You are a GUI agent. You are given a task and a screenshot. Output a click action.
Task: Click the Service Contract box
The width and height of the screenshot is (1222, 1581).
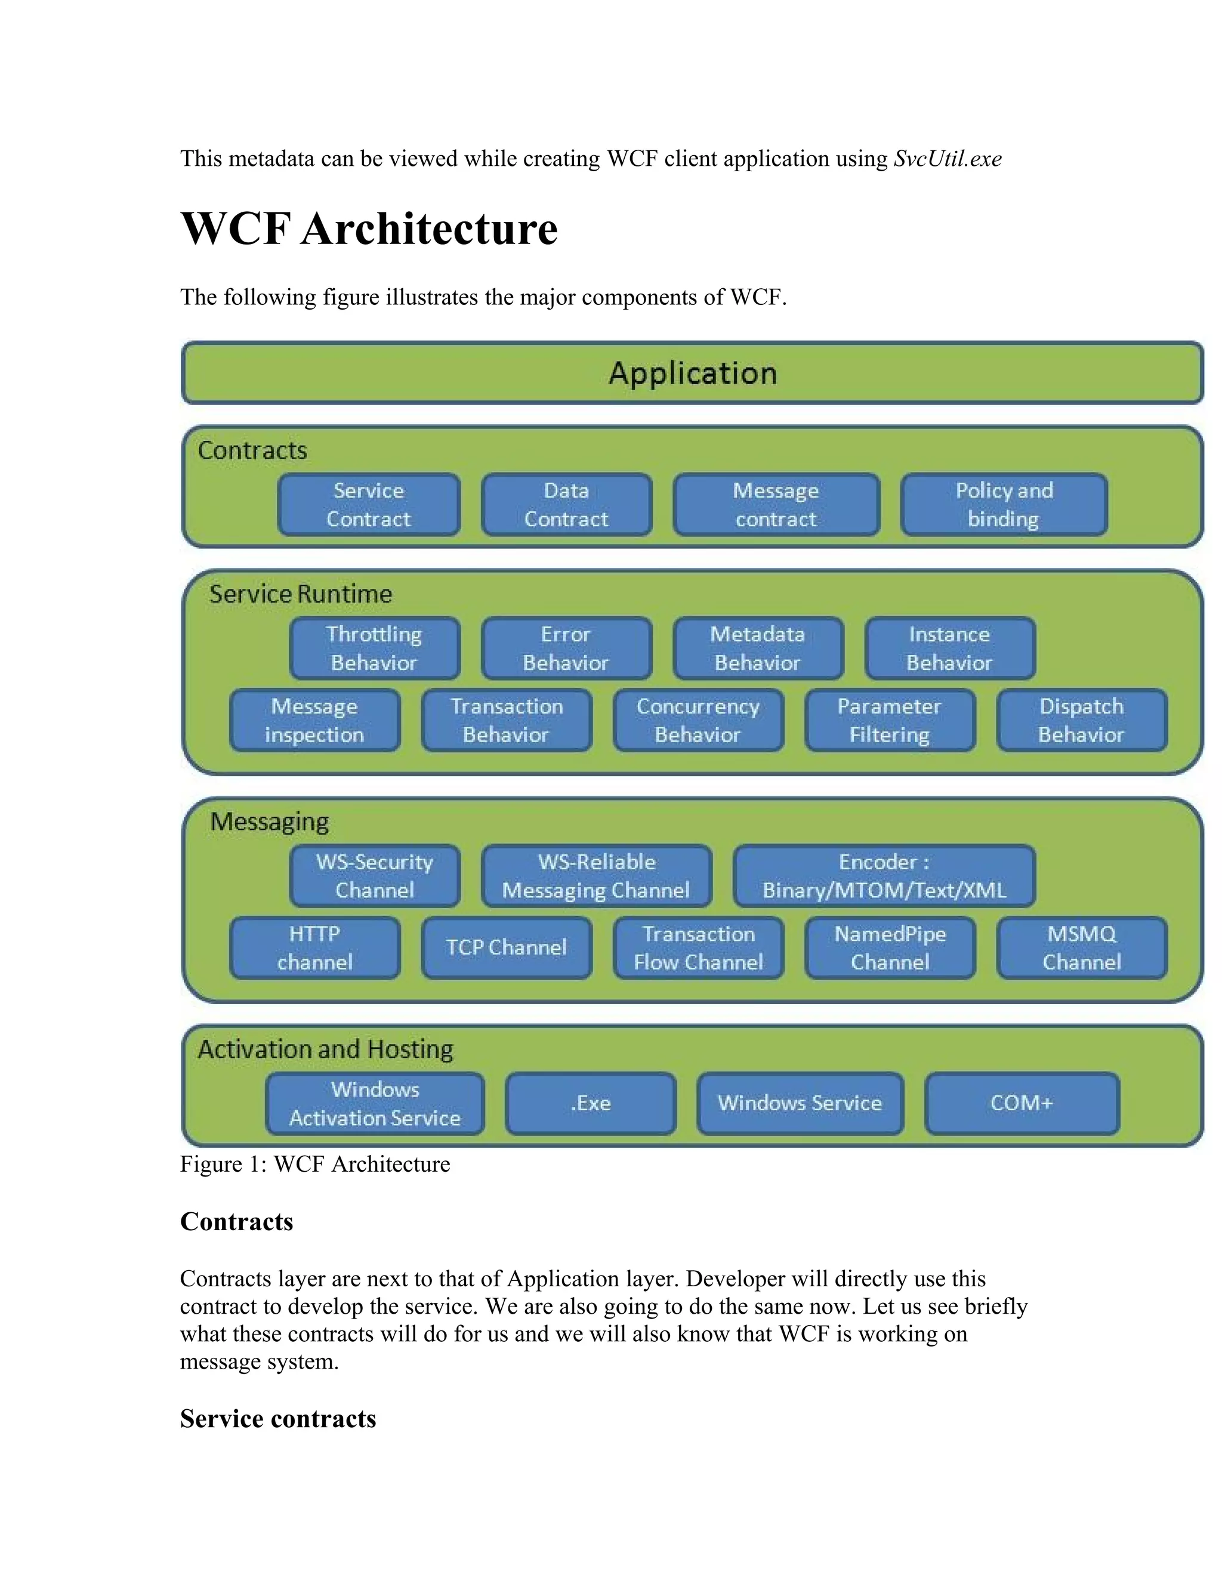click(x=369, y=505)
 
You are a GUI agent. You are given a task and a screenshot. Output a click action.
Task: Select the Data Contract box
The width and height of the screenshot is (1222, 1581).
click(x=566, y=505)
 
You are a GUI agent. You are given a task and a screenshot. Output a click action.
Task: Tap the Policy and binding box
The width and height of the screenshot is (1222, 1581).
click(x=1004, y=505)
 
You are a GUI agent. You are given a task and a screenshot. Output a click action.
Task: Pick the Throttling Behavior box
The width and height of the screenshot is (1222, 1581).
click(x=374, y=648)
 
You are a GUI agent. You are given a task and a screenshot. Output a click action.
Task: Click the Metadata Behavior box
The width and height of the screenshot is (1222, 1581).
click(x=757, y=648)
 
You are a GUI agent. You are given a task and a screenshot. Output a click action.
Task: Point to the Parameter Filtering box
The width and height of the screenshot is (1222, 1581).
click(x=889, y=720)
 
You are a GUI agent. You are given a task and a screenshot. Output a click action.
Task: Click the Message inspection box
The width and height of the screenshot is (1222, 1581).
click(x=314, y=720)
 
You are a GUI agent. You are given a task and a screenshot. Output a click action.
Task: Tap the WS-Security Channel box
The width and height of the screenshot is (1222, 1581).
click(x=374, y=875)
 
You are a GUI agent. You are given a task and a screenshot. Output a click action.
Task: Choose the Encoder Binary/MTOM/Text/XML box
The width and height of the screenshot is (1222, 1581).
click(x=883, y=875)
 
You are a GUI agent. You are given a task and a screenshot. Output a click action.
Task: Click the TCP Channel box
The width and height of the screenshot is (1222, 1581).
click(x=506, y=947)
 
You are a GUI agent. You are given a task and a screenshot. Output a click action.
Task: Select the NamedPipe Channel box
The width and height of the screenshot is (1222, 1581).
click(x=889, y=947)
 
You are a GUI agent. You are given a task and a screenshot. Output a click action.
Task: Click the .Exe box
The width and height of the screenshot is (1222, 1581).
click(x=590, y=1103)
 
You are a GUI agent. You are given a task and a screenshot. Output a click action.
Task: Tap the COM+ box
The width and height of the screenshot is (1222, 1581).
click(x=1021, y=1103)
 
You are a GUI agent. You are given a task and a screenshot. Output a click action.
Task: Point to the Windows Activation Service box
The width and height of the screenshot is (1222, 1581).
click(x=374, y=1103)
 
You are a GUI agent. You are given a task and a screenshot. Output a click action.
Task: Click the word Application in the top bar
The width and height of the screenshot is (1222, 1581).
click(x=692, y=373)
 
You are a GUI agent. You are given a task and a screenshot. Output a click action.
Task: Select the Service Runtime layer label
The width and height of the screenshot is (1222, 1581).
click(x=301, y=594)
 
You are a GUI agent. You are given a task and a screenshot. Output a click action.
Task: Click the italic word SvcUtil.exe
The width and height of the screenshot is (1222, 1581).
click(x=947, y=159)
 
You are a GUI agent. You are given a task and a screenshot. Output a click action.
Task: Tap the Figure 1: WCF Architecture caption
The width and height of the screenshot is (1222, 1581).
click(x=315, y=1163)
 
